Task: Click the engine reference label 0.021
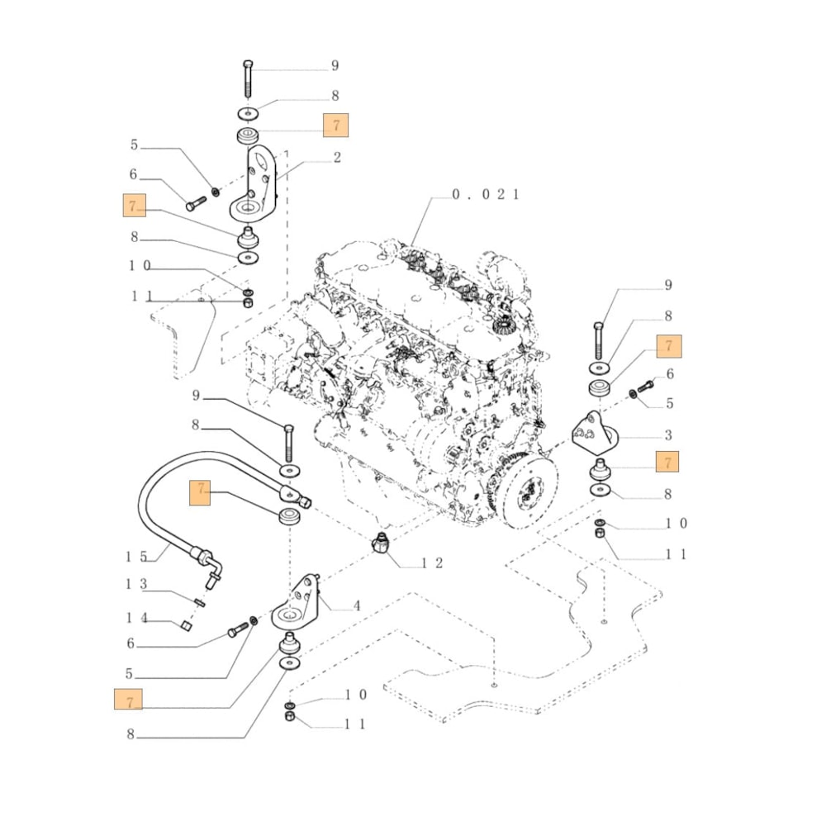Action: (485, 195)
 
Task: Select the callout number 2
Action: (337, 157)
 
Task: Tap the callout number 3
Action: (667, 435)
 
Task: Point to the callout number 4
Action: (357, 605)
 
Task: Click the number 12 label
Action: (433, 563)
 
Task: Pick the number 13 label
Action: (136, 584)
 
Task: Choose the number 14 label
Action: (136, 617)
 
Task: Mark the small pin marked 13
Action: (200, 601)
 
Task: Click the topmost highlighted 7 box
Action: (336, 125)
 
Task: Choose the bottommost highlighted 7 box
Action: (128, 700)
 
